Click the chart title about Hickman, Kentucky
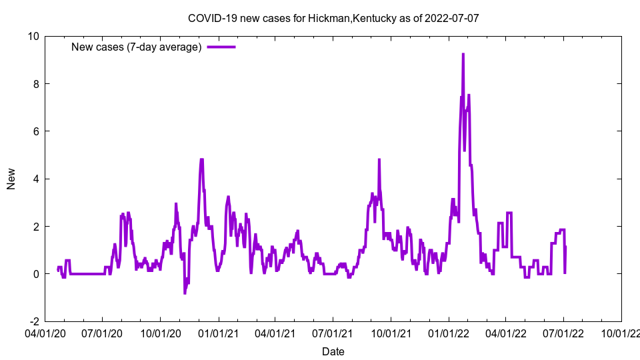coord(333,18)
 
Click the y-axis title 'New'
coord(11,179)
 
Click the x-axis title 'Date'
coord(333,351)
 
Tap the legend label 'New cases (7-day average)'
coord(136,47)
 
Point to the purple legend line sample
coord(221,47)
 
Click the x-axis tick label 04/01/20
coord(45,331)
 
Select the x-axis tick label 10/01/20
coord(160,331)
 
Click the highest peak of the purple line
coord(463,54)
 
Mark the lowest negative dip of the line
coord(185,293)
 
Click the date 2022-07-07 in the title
coord(453,18)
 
